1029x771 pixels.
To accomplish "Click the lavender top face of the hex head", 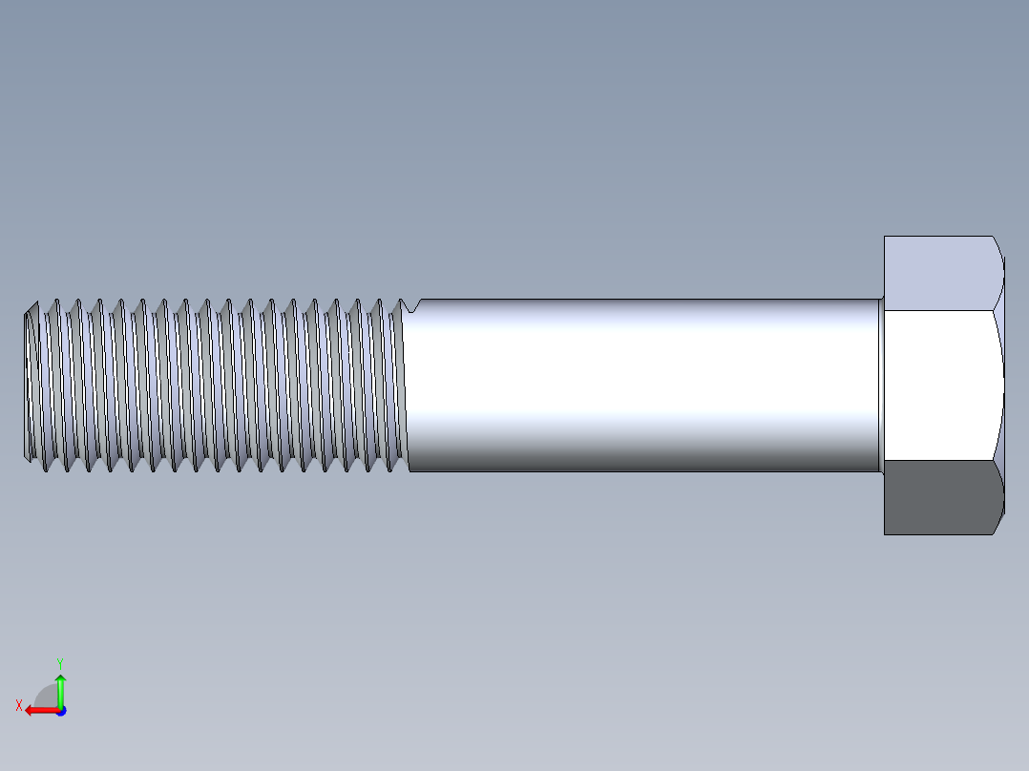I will tap(940, 272).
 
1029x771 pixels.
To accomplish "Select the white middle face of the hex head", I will tap(940, 385).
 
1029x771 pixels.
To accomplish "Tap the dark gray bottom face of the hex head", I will tap(940, 497).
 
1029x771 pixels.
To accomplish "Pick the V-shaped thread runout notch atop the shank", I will tap(411, 306).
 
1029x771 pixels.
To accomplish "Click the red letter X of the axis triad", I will tap(18, 706).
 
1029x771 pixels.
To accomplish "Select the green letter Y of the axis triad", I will tap(59, 662).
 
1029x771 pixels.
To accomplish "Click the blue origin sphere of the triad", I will tap(60, 710).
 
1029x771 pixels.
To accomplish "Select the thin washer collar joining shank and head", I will tap(880, 385).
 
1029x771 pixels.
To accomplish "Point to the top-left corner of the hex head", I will tap(886, 238).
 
